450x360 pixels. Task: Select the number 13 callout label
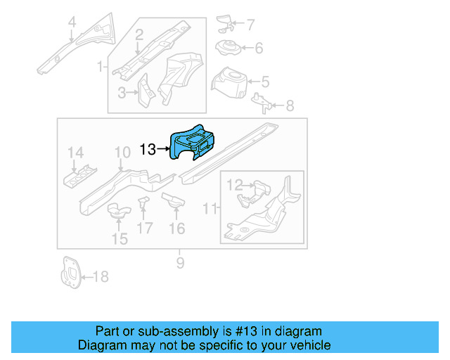tap(148, 149)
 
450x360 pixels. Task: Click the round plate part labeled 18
tap(70, 274)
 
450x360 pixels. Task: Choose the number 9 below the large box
tap(180, 263)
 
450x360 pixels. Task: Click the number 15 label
tap(120, 239)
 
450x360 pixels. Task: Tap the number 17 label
tap(145, 228)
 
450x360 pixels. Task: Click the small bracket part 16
tap(173, 202)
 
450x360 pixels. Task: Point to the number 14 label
tap(75, 153)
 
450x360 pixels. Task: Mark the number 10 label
tap(122, 152)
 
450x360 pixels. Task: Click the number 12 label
tap(233, 185)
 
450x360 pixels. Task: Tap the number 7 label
tap(250, 25)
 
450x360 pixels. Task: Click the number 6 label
tap(258, 49)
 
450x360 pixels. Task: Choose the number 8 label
tap(290, 106)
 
